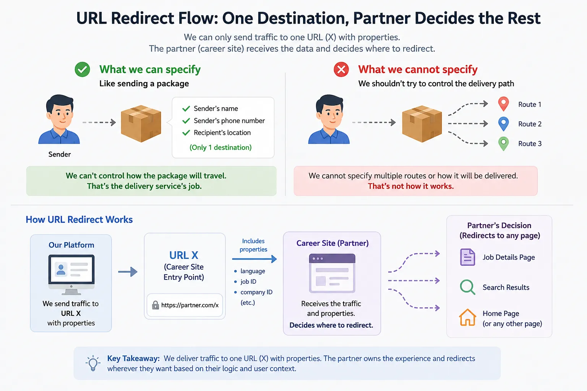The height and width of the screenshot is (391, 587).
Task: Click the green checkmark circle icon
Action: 82,69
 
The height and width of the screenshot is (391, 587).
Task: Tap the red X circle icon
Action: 341,69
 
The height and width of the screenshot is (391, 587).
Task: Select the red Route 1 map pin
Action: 503,104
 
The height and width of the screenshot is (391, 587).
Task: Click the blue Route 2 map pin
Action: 503,124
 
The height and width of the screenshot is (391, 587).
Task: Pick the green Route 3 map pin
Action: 503,144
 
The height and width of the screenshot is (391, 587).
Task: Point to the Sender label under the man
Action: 60,154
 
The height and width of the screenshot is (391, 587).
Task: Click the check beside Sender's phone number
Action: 186,121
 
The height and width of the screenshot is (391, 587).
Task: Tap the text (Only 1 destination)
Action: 221,147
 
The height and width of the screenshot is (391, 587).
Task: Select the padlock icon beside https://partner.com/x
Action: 156,305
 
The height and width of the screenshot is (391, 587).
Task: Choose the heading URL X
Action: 184,255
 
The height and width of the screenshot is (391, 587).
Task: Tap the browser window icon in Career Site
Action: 332,273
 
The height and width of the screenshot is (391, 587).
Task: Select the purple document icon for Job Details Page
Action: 467,257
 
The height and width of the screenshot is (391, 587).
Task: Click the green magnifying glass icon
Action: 467,287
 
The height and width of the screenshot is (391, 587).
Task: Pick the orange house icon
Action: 467,317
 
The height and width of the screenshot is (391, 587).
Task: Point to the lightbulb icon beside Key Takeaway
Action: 93,363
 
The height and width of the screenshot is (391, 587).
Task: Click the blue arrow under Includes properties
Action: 255,259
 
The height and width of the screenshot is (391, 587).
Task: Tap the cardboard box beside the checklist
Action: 141,124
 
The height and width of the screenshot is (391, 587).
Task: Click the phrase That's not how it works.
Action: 411,186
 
